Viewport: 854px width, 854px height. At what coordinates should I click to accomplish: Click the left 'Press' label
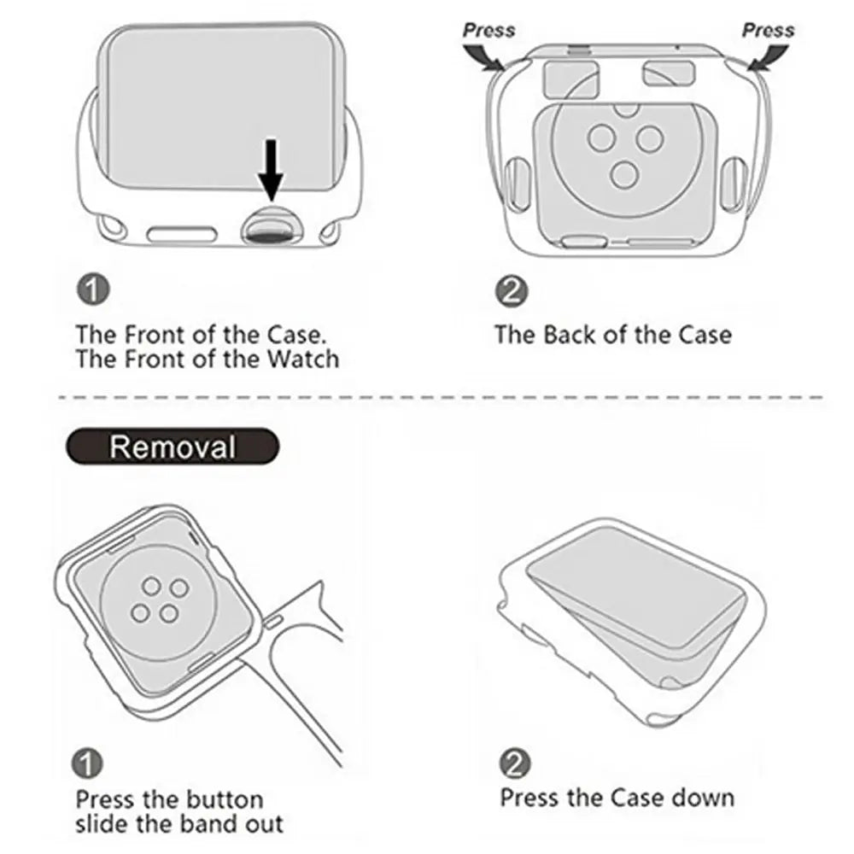coord(488,30)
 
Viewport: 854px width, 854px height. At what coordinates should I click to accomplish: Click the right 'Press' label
coord(768,30)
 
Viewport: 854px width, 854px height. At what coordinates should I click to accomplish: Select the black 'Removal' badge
coord(172,446)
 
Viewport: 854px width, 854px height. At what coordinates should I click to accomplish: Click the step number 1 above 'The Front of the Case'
coord(93,290)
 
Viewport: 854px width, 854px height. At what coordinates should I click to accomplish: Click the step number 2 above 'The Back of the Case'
coord(512,291)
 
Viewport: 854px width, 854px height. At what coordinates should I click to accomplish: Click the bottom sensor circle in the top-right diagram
coord(625,174)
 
